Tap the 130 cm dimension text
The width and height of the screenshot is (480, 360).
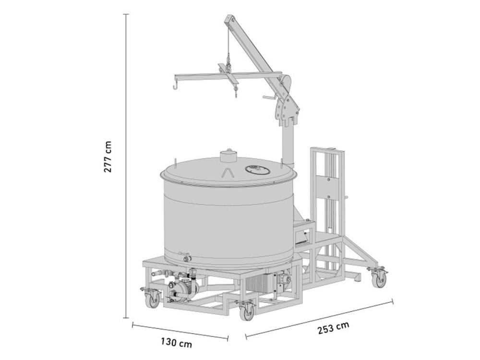[176, 342]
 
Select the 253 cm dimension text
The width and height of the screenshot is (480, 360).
[333, 328]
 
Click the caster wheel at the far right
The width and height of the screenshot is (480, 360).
[380, 279]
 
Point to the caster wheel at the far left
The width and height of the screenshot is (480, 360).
[153, 300]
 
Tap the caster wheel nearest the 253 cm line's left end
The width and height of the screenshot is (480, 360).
[247, 312]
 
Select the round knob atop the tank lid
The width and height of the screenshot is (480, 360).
[229, 156]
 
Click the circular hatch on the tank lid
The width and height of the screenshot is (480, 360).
[256, 169]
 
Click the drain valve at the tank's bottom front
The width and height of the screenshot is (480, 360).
[184, 257]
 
